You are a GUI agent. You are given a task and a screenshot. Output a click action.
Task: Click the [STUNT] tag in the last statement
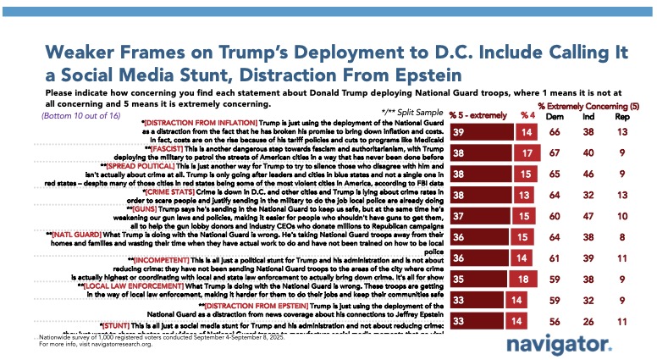tap(119, 324)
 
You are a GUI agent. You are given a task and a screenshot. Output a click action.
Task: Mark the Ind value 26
tap(593, 323)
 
